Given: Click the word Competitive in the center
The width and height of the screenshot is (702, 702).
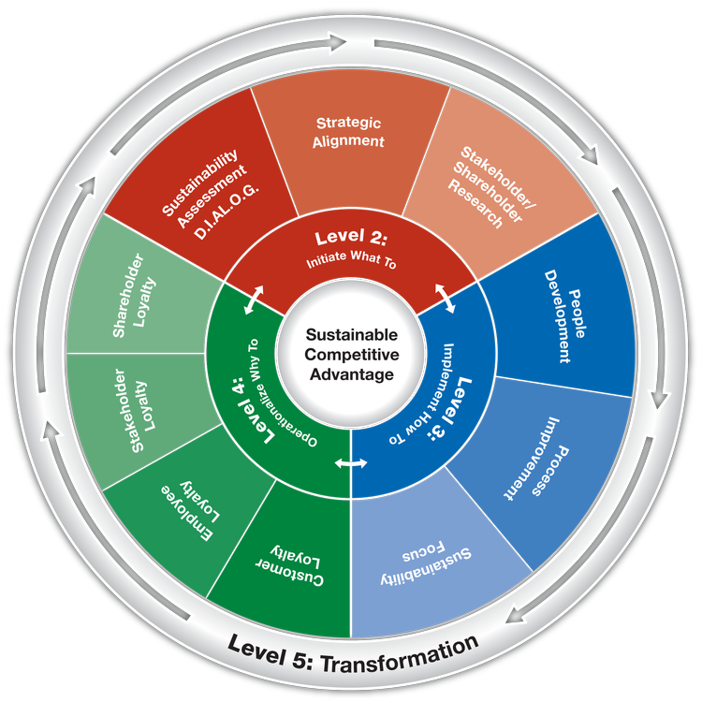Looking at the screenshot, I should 351,355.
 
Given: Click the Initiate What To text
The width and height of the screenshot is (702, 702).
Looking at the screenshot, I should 350,263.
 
